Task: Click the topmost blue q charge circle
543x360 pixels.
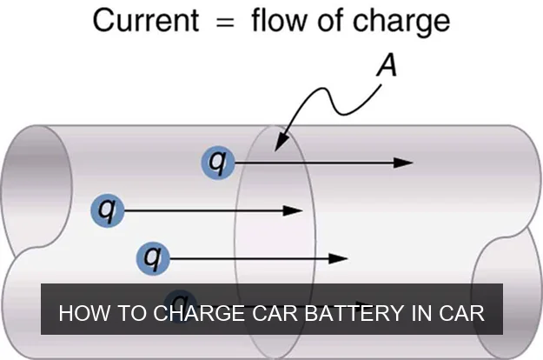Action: pyautogui.click(x=218, y=162)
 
